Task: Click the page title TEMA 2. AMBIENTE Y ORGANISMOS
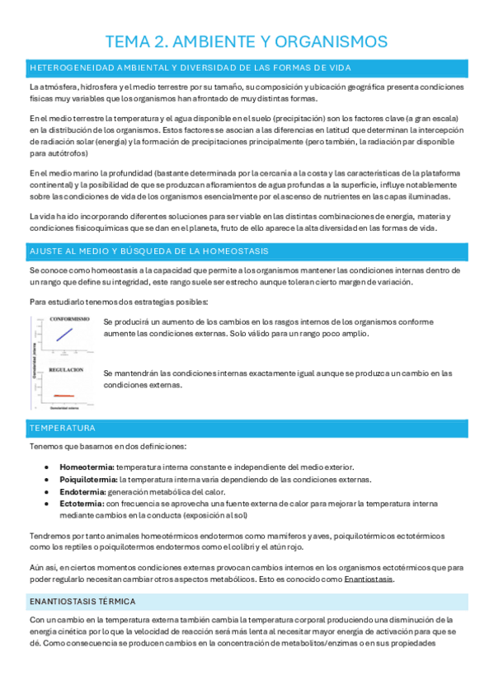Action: [x=247, y=41]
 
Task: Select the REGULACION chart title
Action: [x=67, y=370]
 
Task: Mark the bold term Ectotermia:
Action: [x=82, y=502]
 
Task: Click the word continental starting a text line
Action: [x=49, y=185]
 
